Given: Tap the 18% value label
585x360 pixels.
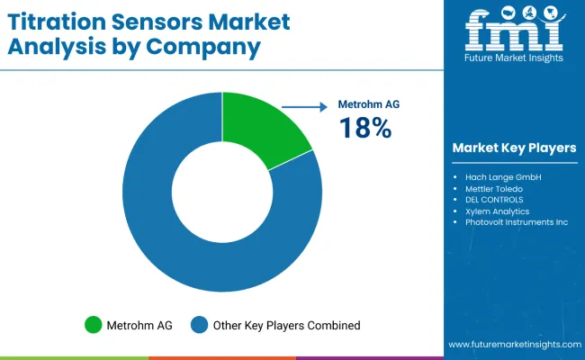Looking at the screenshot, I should pyautogui.click(x=364, y=130).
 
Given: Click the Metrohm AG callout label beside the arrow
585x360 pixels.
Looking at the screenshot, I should pyautogui.click(x=368, y=104).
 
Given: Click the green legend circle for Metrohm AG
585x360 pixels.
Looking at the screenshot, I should pyautogui.click(x=93, y=325).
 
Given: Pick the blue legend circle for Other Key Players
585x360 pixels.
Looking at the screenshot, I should pyautogui.click(x=200, y=325).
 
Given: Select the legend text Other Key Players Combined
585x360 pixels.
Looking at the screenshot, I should pyautogui.click(x=286, y=325).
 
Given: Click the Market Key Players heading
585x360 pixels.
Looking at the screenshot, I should pyautogui.click(x=515, y=148).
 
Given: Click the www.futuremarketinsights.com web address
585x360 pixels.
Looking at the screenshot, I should pyautogui.click(x=511, y=345).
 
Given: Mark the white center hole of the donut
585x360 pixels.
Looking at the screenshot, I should pyautogui.click(x=221, y=191).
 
